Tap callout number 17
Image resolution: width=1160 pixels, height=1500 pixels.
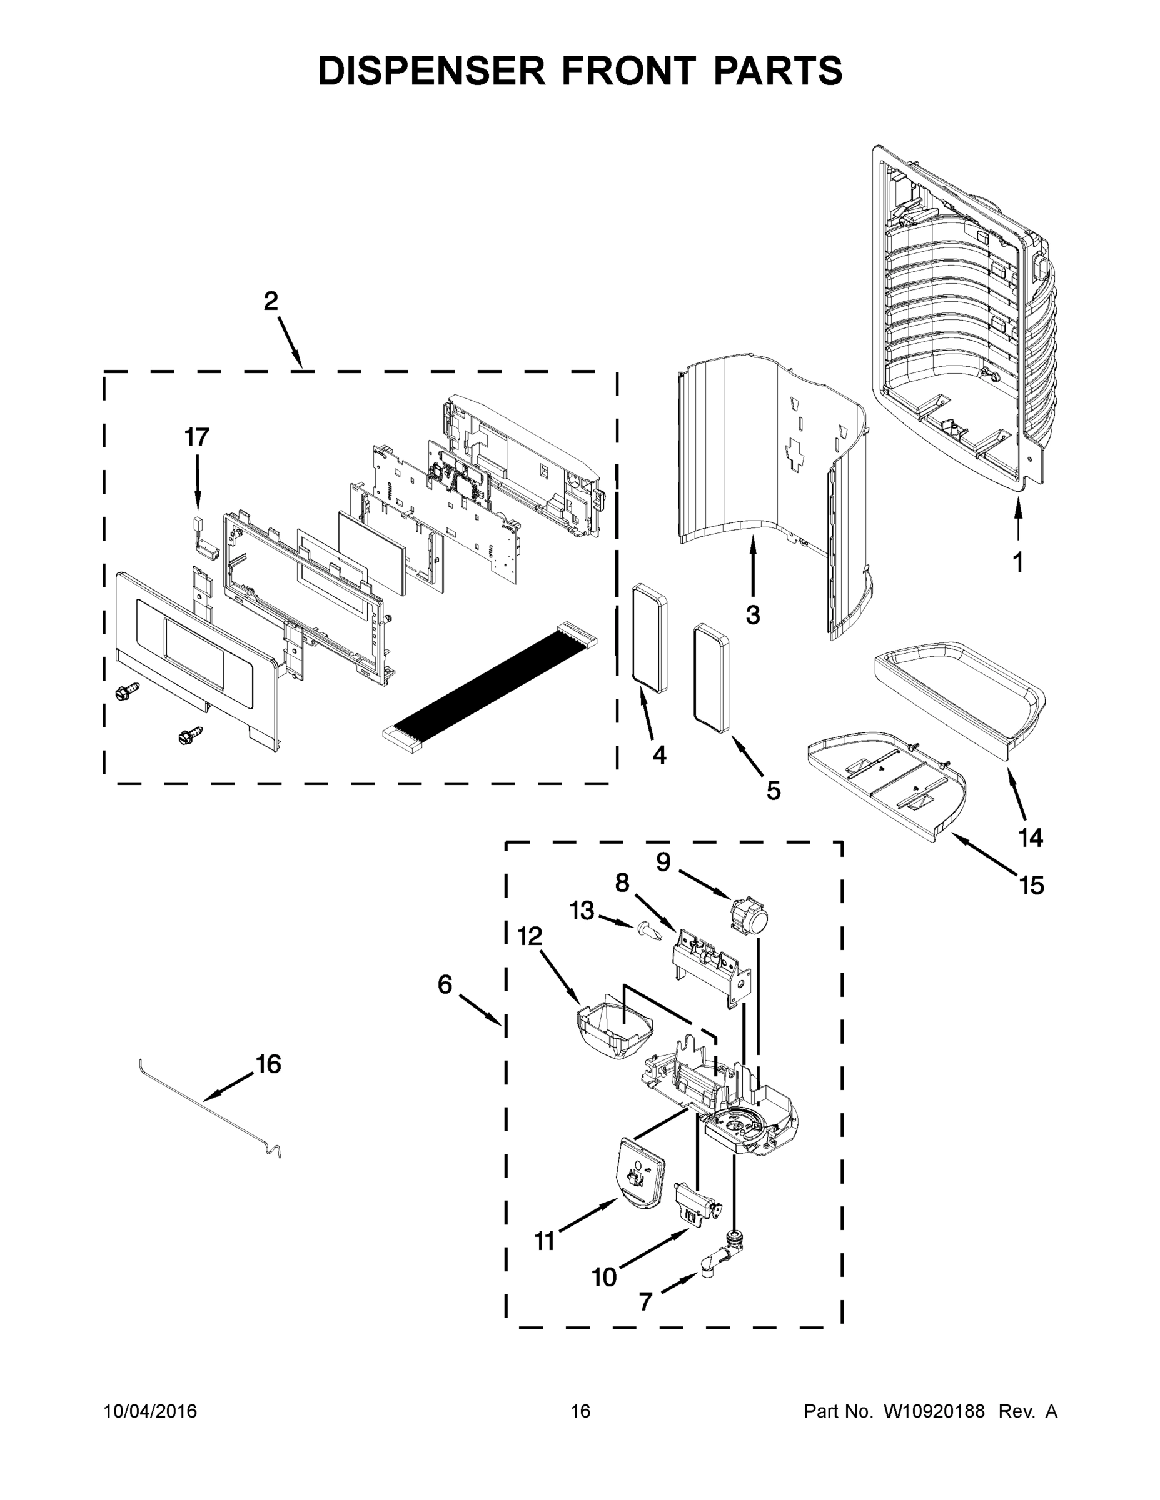pos(196,437)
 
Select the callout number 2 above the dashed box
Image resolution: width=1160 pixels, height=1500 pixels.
pos(271,301)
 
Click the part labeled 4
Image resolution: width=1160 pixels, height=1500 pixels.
pos(650,639)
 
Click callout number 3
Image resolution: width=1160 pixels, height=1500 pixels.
pos(752,615)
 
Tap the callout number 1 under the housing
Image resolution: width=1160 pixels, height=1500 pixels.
pos(1018,563)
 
